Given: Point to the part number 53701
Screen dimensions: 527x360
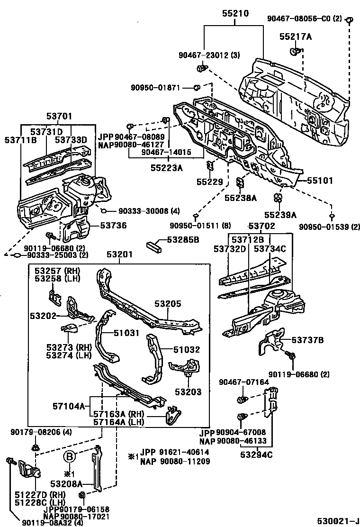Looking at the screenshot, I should [59, 116].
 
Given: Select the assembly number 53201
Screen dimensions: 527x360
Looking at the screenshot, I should [119, 255].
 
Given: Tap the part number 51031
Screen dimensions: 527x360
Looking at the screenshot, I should [126, 333].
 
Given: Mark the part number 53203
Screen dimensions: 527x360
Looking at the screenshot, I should [188, 392].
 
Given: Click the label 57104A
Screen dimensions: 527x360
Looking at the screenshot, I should [69, 406].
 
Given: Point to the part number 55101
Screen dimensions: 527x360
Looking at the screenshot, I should [320, 181].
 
